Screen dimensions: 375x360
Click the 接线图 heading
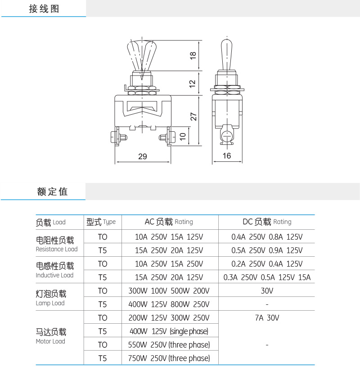(x=44, y=9)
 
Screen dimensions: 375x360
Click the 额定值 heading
(x=53, y=192)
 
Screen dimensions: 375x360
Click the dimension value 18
(x=193, y=56)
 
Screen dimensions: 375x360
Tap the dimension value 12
(x=193, y=84)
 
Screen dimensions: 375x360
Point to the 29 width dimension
(x=143, y=156)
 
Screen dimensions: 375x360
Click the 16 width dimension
(x=227, y=156)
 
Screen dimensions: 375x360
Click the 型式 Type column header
(x=101, y=222)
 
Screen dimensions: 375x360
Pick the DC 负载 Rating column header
(x=267, y=222)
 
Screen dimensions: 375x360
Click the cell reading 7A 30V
(x=267, y=318)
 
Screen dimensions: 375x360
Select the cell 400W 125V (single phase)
(x=169, y=331)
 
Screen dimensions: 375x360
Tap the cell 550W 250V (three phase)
(x=169, y=345)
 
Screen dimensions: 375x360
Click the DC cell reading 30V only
(x=267, y=291)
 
